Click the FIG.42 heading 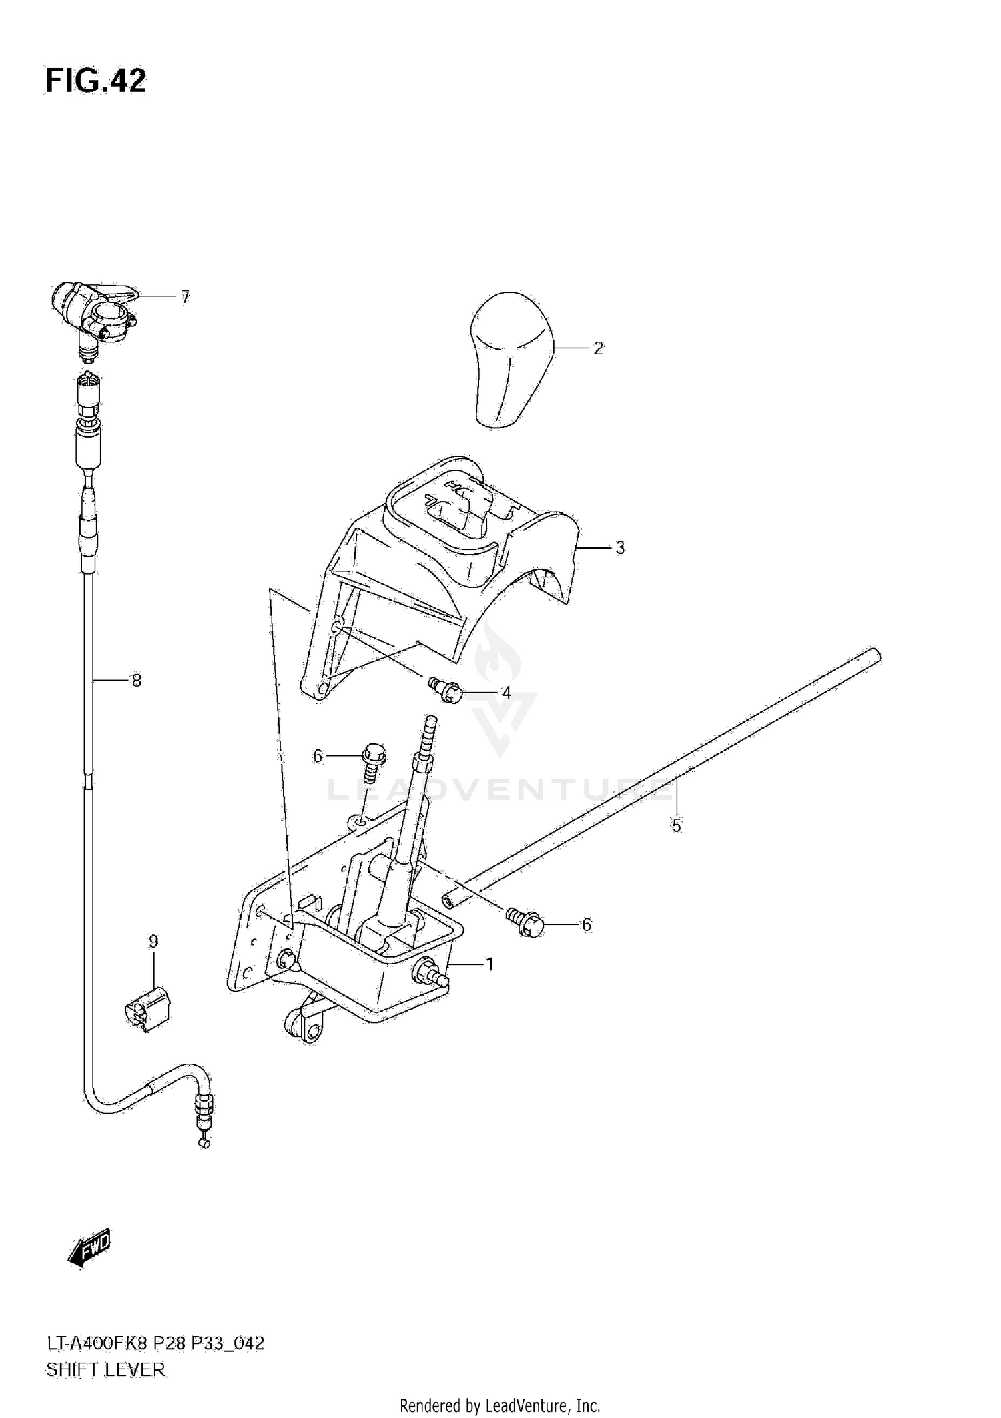pos(95,81)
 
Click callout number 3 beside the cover pos(620,548)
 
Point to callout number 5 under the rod pos(676,826)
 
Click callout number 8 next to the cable pos(136,681)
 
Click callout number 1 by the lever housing pos(490,964)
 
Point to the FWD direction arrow pos(90,1247)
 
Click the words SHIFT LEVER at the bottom pos(105,1370)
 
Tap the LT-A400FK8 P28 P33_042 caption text pos(154,1343)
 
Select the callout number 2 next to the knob pos(598,348)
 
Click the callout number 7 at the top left pos(185,296)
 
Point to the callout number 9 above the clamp pos(153,942)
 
